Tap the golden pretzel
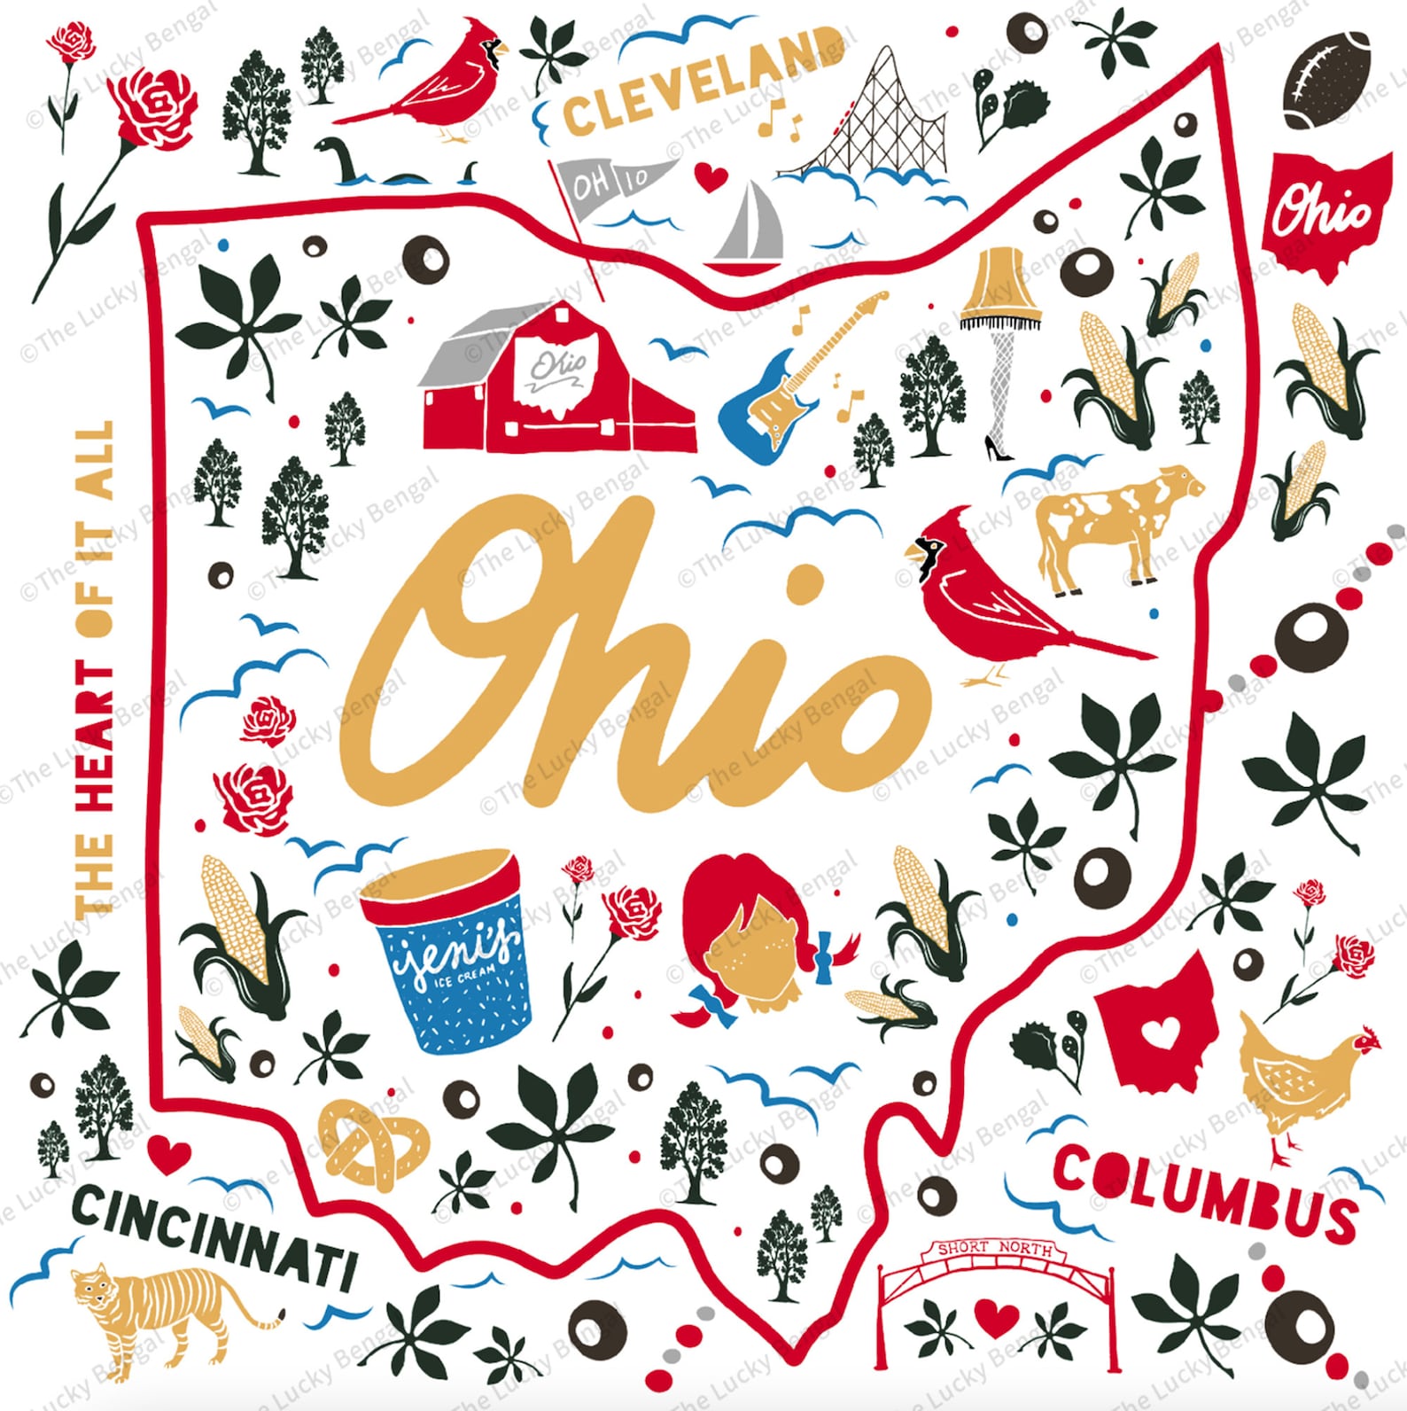click(372, 1143)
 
